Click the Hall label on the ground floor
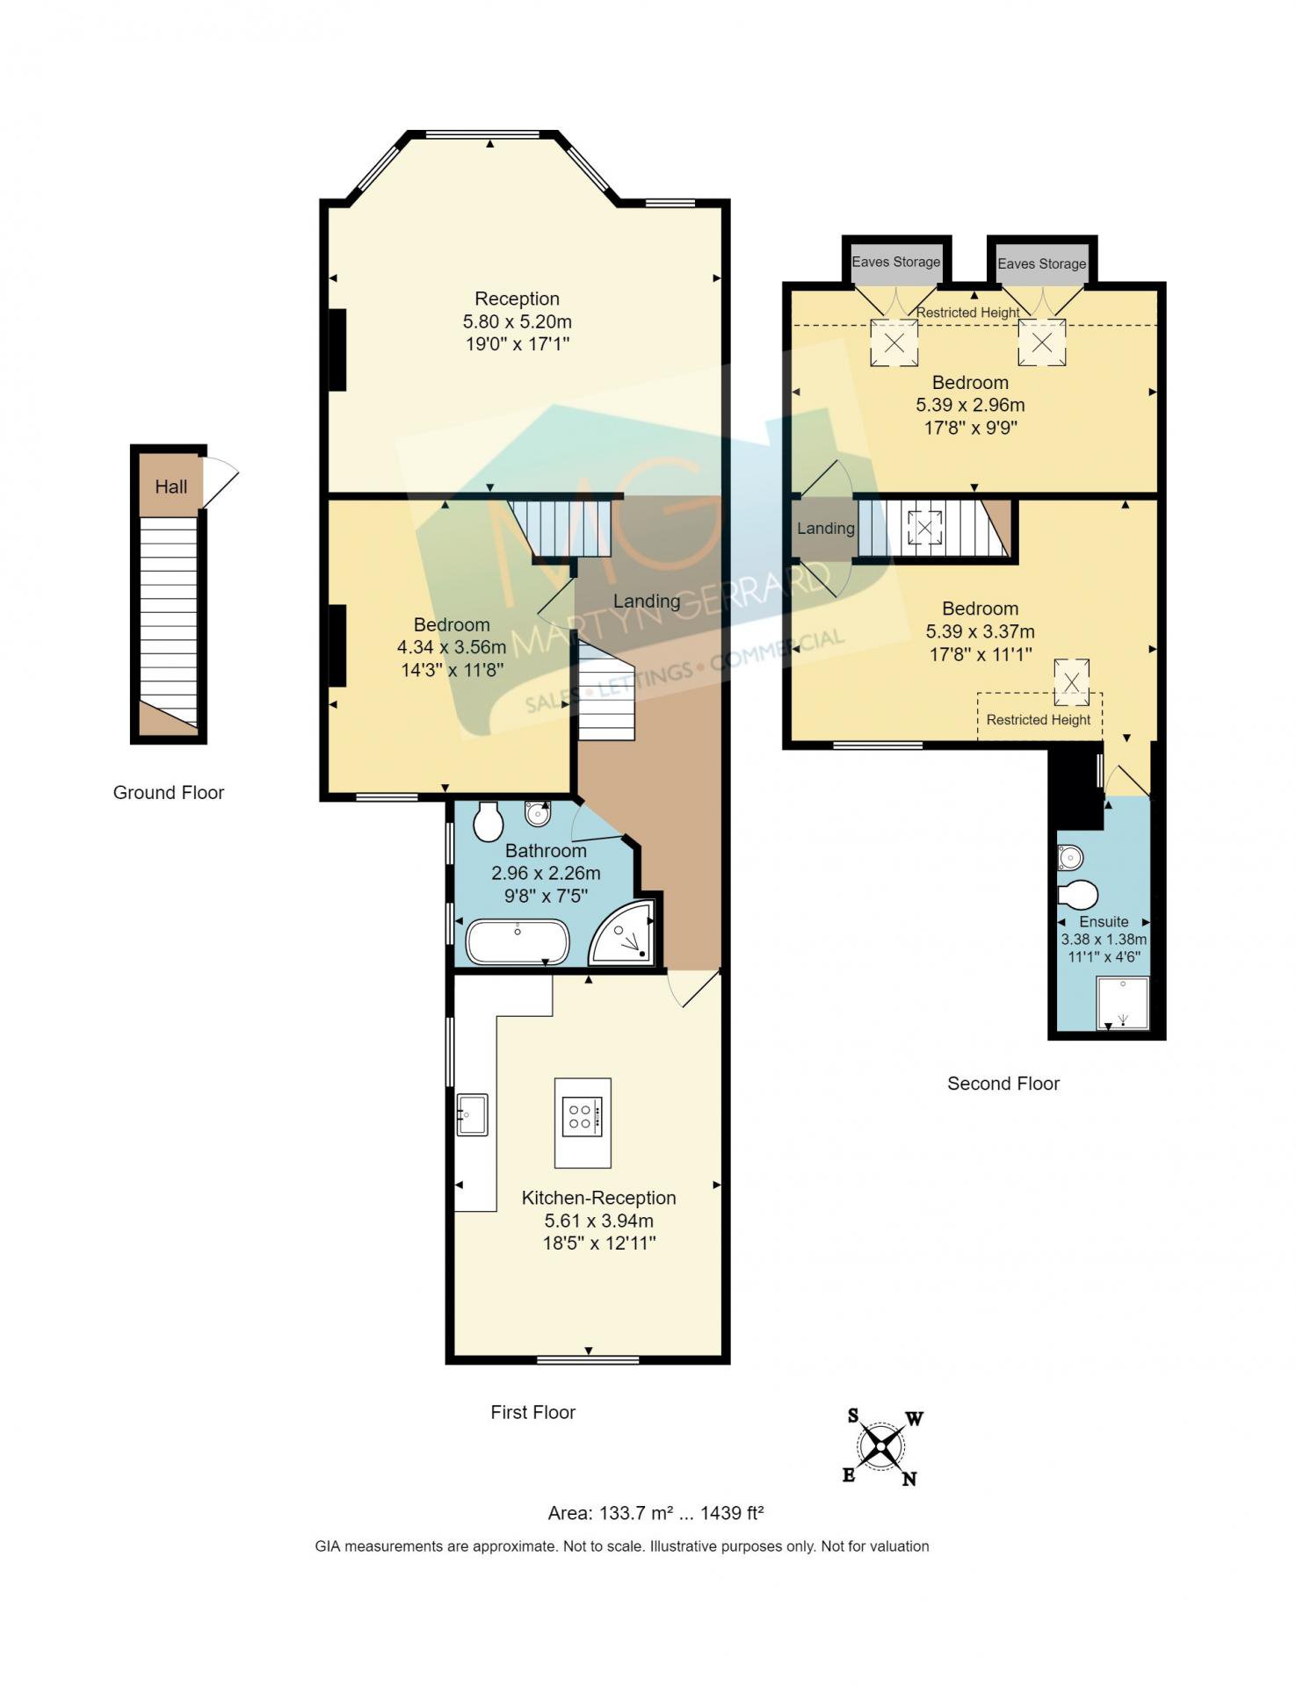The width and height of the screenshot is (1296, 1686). click(x=171, y=486)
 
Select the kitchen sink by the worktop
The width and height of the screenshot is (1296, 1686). click(x=472, y=1114)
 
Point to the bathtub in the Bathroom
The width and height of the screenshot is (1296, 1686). click(x=518, y=941)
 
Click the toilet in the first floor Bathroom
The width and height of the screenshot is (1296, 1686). click(x=487, y=822)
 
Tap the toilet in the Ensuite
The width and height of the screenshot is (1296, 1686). click(x=1078, y=895)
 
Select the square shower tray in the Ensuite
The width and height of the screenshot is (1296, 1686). click(x=1123, y=1003)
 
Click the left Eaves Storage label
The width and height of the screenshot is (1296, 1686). click(x=896, y=262)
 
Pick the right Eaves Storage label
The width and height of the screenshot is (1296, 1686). click(x=1042, y=263)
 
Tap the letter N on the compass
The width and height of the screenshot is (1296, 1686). click(x=909, y=1479)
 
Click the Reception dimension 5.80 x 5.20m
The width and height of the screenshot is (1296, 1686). click(x=518, y=321)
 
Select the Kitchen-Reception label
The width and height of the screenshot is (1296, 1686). click(x=599, y=1198)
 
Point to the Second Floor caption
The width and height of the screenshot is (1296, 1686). click(x=1003, y=1084)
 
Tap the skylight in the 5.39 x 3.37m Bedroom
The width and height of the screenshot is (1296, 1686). click(x=1072, y=682)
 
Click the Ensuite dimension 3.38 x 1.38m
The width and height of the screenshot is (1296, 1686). click(x=1104, y=940)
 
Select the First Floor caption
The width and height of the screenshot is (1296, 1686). click(x=533, y=1412)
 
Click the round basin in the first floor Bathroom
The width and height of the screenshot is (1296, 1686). click(x=538, y=814)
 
